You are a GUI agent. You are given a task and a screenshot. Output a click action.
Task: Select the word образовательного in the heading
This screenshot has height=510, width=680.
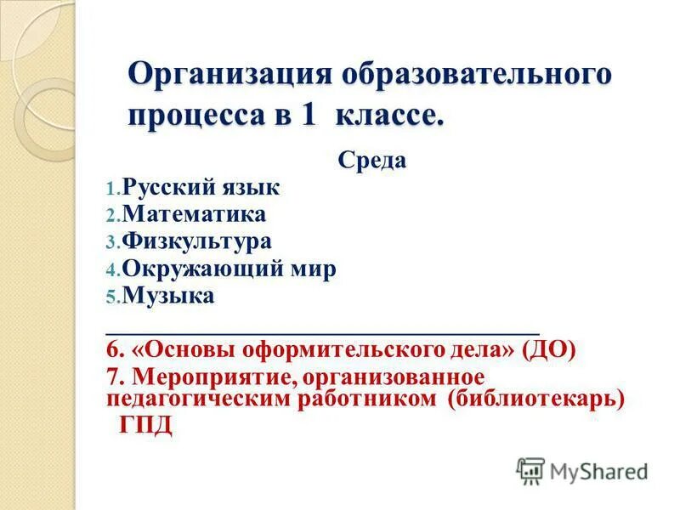(476, 74)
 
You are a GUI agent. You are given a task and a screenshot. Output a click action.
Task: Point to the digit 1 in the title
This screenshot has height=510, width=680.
(304, 115)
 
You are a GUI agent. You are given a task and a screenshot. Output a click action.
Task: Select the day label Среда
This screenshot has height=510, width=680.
(372, 160)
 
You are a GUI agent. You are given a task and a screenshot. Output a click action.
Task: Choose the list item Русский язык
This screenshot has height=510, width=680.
(201, 187)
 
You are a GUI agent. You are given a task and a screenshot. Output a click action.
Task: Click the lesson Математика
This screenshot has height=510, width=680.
(195, 214)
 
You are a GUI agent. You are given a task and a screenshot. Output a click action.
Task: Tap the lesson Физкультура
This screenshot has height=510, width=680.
(197, 241)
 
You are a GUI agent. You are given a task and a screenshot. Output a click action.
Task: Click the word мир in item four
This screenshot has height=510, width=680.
(314, 269)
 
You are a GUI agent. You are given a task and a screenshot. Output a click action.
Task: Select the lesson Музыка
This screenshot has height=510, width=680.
(168, 296)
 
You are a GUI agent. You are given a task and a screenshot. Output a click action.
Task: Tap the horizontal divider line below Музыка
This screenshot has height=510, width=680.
(323, 326)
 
